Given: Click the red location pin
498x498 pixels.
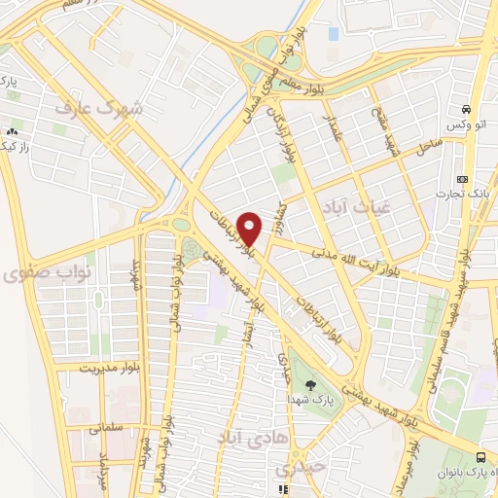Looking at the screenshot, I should pyautogui.click(x=250, y=229).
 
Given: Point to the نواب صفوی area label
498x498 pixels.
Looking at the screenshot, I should pyautogui.click(x=33, y=275).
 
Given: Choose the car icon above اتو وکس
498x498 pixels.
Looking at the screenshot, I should pyautogui.click(x=468, y=109).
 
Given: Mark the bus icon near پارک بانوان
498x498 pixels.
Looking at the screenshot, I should pyautogui.click(x=481, y=457).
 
